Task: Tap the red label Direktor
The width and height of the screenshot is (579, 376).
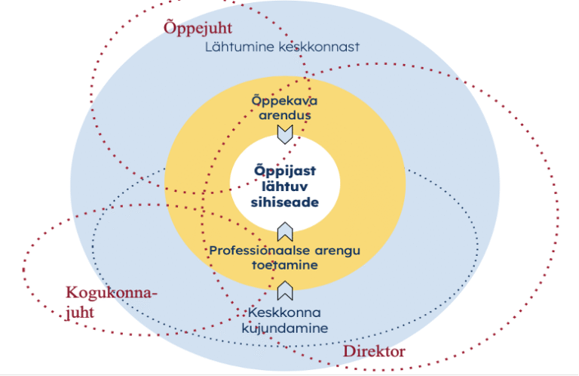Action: click(375, 352)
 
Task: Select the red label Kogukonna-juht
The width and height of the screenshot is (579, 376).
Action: click(112, 301)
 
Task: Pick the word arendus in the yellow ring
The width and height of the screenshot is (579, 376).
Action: click(284, 116)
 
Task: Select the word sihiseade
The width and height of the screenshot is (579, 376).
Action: click(285, 202)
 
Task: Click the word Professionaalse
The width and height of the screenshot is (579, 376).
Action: click(253, 251)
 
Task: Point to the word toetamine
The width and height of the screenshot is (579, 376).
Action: click(284, 265)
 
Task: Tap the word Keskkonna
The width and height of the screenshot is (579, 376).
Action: click(284, 313)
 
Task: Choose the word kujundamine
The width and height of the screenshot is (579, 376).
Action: click(284, 328)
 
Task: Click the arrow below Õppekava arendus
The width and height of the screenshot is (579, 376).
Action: click(284, 134)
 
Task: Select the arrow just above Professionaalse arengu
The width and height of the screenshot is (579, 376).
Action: click(285, 231)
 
